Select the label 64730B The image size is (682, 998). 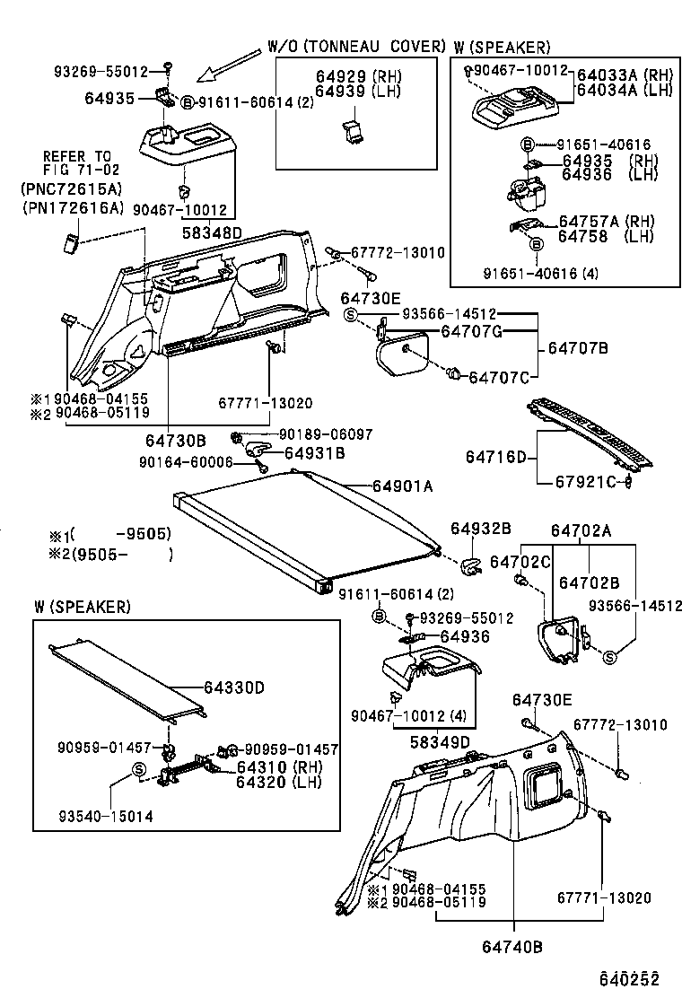tap(176, 440)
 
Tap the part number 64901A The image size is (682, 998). tap(403, 486)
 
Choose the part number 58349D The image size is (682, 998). tap(440, 741)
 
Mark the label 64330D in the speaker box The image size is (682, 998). tap(233, 687)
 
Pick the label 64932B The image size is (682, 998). tap(481, 530)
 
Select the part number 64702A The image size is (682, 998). tap(581, 530)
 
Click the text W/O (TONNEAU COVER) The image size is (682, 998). tap(356, 46)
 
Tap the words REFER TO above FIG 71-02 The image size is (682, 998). tap(77, 156)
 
